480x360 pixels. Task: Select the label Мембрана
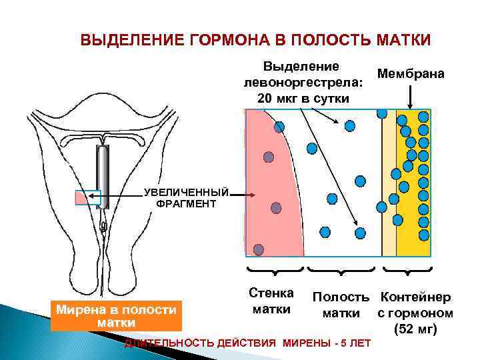[411, 73]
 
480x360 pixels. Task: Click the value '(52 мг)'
[415, 329]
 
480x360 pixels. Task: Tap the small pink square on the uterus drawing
[87, 198]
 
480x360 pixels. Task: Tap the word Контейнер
[415, 297]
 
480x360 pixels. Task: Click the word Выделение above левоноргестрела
[301, 67]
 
